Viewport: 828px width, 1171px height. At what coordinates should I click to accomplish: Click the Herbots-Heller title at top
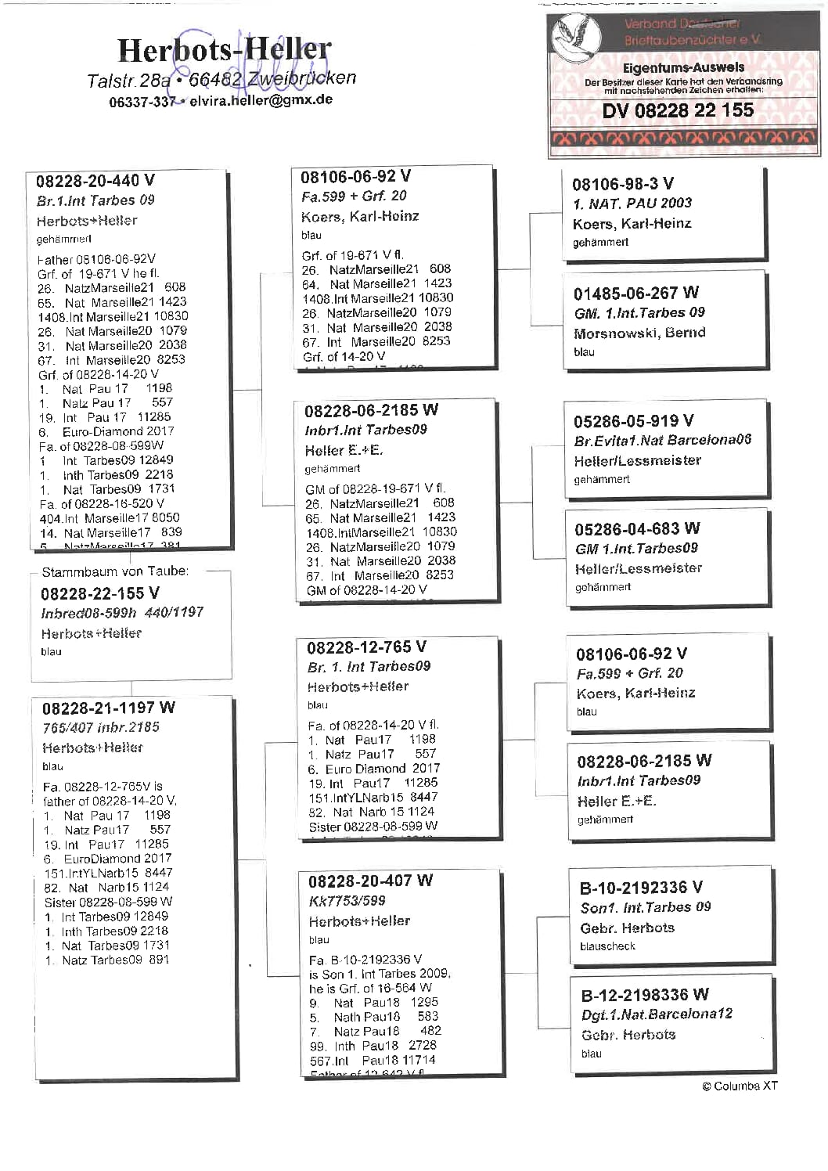coord(224,49)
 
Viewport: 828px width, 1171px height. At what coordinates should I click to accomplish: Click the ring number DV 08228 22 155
coord(678,110)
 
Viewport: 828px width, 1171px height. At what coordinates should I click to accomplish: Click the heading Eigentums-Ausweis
coord(683,68)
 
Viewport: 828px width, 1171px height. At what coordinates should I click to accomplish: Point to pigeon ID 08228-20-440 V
coord(95,181)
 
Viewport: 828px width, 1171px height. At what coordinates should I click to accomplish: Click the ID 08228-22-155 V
coord(100,593)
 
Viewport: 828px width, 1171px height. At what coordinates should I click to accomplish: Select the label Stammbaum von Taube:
coord(115,571)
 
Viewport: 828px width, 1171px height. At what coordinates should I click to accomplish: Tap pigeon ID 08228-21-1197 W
coord(109,708)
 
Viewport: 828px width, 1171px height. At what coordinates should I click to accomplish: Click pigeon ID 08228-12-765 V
coord(367,647)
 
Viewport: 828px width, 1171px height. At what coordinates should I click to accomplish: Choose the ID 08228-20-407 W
coord(370,881)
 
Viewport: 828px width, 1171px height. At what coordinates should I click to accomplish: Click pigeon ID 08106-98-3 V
coord(623,184)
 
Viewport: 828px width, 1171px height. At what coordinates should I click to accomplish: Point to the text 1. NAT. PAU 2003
coord(632,204)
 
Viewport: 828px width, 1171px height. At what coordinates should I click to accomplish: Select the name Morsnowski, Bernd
coord(639,333)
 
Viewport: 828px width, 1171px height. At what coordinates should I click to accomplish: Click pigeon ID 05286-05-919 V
coord(634,421)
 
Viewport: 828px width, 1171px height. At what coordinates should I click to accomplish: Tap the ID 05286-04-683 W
coord(637,529)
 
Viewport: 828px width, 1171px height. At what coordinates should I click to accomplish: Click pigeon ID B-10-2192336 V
coord(641,888)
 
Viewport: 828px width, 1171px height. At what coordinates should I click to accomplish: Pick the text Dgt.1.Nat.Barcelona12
coord(657,1014)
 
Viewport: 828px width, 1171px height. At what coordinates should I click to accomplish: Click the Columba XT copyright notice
coord(740,1086)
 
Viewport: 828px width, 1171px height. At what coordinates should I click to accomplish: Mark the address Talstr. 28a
coord(129,80)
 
